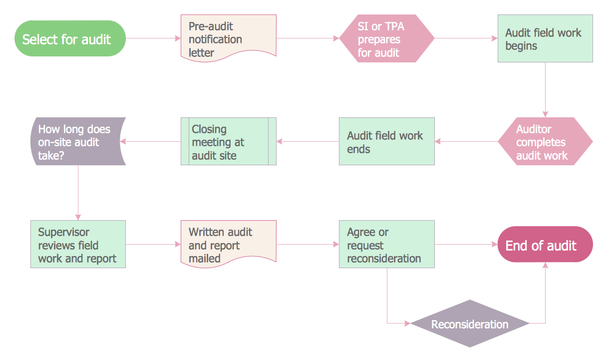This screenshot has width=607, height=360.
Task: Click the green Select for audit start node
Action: [x=70, y=38]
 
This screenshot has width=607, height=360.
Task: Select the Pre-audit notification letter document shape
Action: [x=228, y=38]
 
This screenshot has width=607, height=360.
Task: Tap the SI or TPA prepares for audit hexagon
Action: [x=387, y=38]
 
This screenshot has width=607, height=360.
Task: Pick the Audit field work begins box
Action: [x=545, y=38]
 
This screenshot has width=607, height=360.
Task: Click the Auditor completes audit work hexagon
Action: [x=545, y=142]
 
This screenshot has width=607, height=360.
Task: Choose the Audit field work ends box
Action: [x=387, y=141]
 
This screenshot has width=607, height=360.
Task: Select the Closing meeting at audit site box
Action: [x=228, y=141]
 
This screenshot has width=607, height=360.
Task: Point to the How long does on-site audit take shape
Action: [x=77, y=141]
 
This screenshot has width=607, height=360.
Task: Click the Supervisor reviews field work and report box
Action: [x=78, y=244]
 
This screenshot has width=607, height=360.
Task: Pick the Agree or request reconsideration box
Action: [x=387, y=244]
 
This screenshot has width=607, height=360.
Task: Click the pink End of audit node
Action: [x=545, y=245]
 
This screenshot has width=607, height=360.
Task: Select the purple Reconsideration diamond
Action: [x=470, y=324]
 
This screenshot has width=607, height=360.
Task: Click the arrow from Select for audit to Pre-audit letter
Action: [x=153, y=38]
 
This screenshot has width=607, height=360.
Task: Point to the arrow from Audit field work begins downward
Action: [x=545, y=89]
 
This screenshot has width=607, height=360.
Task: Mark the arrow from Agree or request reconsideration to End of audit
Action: [x=466, y=244]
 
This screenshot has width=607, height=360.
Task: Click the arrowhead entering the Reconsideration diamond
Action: [x=407, y=324]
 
